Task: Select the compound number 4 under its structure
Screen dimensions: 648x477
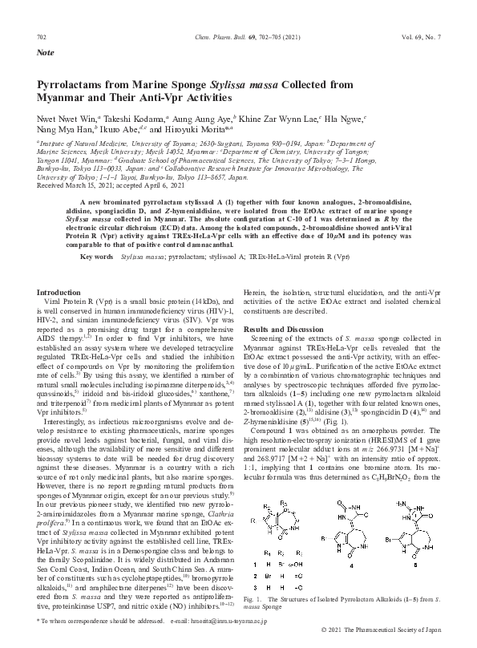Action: pyautogui.click(x=351, y=565)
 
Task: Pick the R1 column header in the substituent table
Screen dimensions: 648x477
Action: pyautogui.click(x=267, y=553)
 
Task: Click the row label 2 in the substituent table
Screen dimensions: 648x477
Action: pyautogui.click(x=255, y=576)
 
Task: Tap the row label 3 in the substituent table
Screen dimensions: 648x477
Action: pyautogui.click(x=255, y=588)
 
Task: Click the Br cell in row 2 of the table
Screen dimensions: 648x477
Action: pyautogui.click(x=268, y=576)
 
